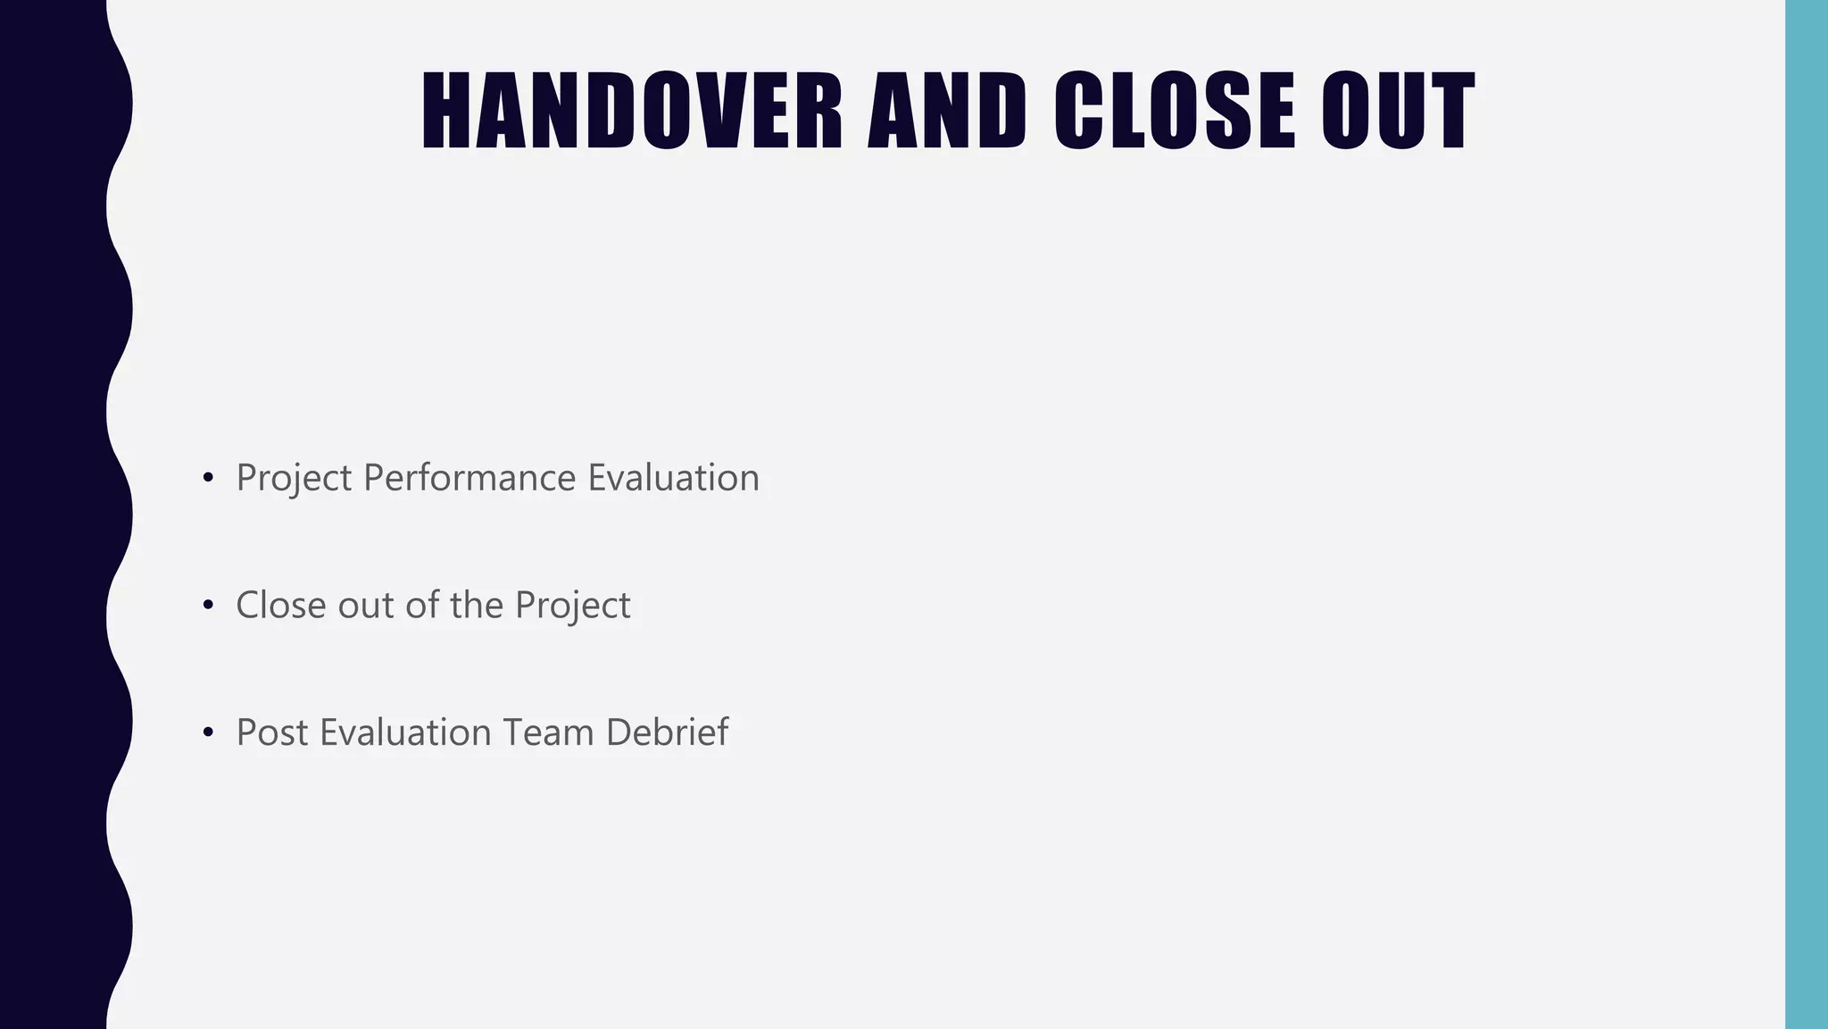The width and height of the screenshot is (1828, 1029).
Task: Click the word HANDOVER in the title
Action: pyautogui.click(x=631, y=111)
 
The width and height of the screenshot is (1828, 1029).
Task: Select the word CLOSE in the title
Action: pyautogui.click(x=1175, y=111)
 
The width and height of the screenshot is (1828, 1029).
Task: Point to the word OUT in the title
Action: pyautogui.click(x=1398, y=111)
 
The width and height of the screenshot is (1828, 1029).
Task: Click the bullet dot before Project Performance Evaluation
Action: pyautogui.click(x=208, y=479)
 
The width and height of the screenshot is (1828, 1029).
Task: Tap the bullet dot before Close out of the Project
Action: pyautogui.click(x=208, y=606)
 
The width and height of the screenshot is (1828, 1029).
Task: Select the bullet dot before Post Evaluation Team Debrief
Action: pyautogui.click(x=208, y=733)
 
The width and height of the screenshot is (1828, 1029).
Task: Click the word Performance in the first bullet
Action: pyautogui.click(x=469, y=478)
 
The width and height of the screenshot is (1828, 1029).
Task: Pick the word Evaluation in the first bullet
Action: pyautogui.click(x=673, y=478)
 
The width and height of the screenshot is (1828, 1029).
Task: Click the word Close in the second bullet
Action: pyautogui.click(x=280, y=605)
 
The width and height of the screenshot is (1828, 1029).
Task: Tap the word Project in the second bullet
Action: pyautogui.click(x=572, y=607)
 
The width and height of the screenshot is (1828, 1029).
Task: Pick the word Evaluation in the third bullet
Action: pyautogui.click(x=405, y=732)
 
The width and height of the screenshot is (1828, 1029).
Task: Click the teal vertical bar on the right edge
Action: pyautogui.click(x=1806, y=514)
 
